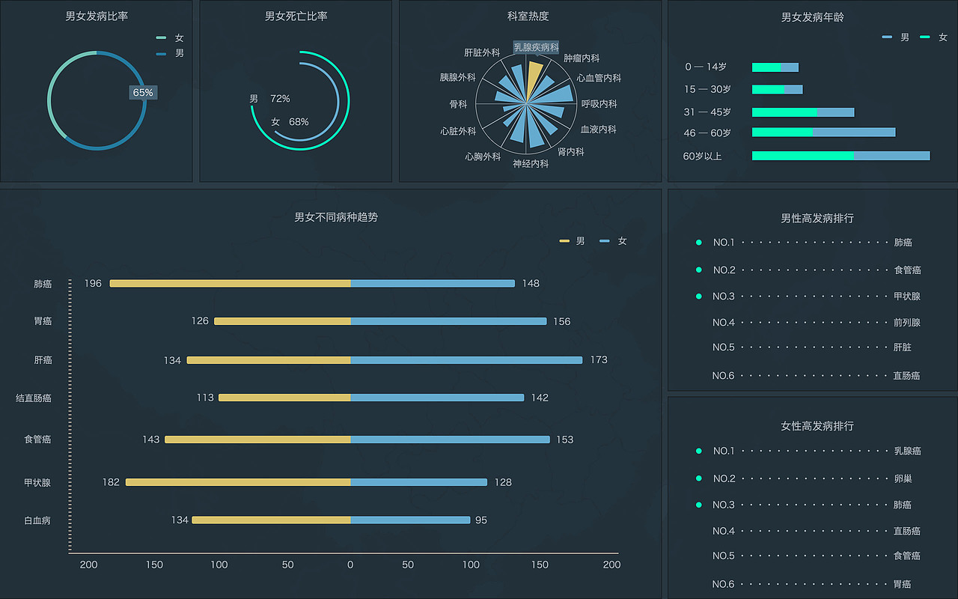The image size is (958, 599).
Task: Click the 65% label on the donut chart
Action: [x=143, y=93]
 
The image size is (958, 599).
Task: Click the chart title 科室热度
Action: [x=528, y=16]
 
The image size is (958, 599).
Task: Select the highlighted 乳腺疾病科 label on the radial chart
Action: [x=536, y=47]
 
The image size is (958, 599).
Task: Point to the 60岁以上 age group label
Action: [x=702, y=156]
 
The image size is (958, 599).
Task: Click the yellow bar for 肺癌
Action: [x=231, y=284]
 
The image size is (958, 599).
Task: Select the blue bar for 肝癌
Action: [x=466, y=360]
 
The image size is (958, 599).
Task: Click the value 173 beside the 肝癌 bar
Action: [x=599, y=360]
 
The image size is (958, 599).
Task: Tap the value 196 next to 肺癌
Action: [x=93, y=284]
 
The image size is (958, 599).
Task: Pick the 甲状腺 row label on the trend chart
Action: [x=37, y=483]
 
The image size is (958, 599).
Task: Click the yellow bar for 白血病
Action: [x=271, y=520]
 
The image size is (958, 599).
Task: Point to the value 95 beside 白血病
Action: [x=481, y=520]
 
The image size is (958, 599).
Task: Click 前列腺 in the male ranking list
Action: [x=906, y=323]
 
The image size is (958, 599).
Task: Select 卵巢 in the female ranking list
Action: [x=903, y=478]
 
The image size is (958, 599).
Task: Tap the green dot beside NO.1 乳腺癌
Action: [x=699, y=451]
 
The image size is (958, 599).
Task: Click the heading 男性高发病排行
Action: [x=817, y=219]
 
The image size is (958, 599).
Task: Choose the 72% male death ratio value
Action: [x=280, y=99]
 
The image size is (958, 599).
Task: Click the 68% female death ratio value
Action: [x=299, y=122]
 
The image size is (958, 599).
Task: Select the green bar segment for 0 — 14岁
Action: [x=766, y=67]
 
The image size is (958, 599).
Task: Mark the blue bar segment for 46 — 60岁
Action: [x=854, y=133]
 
